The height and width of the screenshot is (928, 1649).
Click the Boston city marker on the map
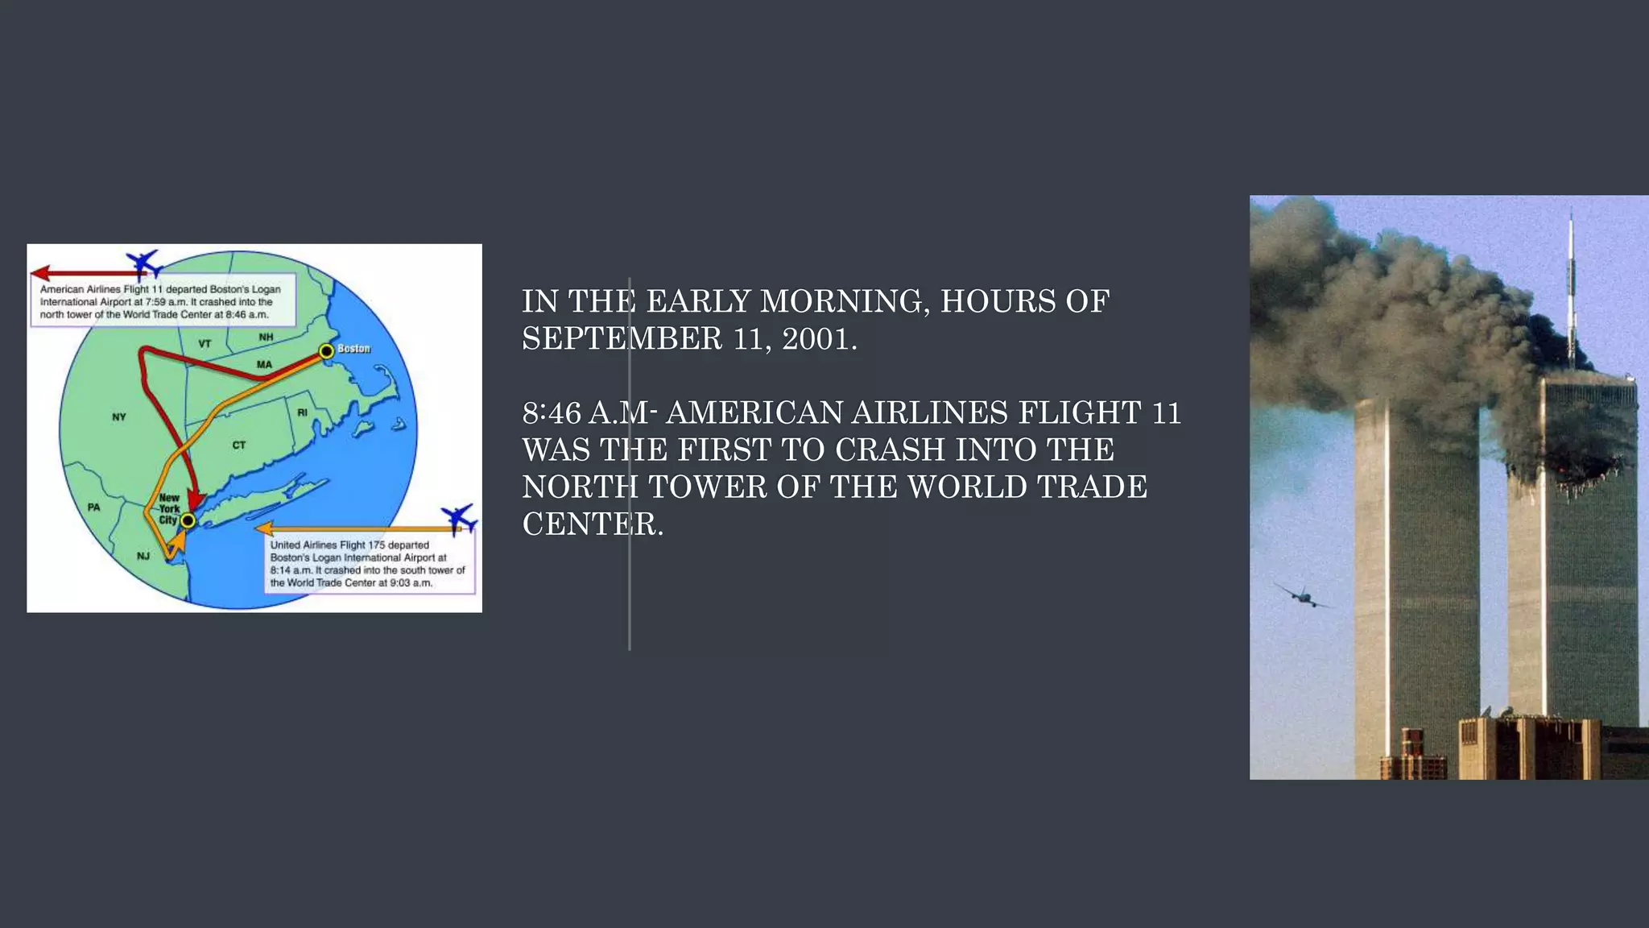pos(326,351)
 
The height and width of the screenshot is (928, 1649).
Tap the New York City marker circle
pos(188,521)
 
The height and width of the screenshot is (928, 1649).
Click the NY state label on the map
pos(119,417)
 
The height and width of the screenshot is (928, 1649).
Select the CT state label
pos(239,445)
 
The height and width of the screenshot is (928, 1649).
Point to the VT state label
pos(205,344)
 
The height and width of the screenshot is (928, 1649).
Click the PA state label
pos(94,507)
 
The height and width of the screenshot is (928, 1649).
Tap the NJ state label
pos(143,556)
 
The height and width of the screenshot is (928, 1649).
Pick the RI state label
pos(302,412)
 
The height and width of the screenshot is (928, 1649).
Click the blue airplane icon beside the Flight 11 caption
pos(144,263)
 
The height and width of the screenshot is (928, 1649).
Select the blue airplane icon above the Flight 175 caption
pos(459,518)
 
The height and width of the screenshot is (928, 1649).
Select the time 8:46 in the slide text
pos(552,413)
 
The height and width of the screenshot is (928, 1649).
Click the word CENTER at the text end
pos(593,524)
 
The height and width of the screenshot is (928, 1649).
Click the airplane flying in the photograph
pos(1299,596)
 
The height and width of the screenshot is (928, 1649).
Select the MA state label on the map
pos(264,365)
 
